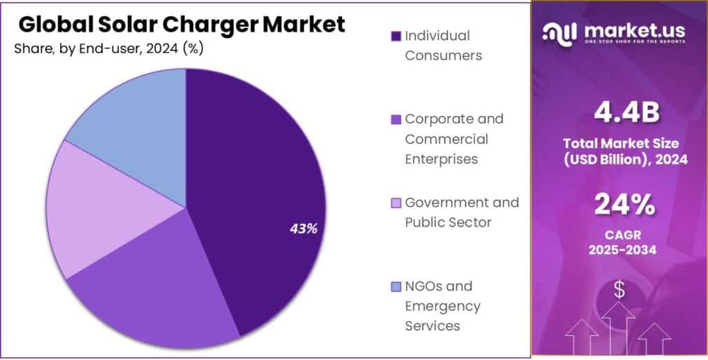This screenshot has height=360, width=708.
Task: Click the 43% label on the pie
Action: [303, 229]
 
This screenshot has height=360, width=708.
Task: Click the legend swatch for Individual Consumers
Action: [396, 36]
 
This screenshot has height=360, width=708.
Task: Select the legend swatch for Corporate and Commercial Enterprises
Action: [396, 120]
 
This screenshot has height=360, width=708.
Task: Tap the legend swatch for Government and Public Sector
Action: [396, 203]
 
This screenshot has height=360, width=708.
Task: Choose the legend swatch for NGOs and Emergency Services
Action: [396, 286]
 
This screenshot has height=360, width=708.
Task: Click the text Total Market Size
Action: [619, 144]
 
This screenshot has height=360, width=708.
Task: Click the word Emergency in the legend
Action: [442, 305]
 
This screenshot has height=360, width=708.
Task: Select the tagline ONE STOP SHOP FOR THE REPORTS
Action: [635, 41]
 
